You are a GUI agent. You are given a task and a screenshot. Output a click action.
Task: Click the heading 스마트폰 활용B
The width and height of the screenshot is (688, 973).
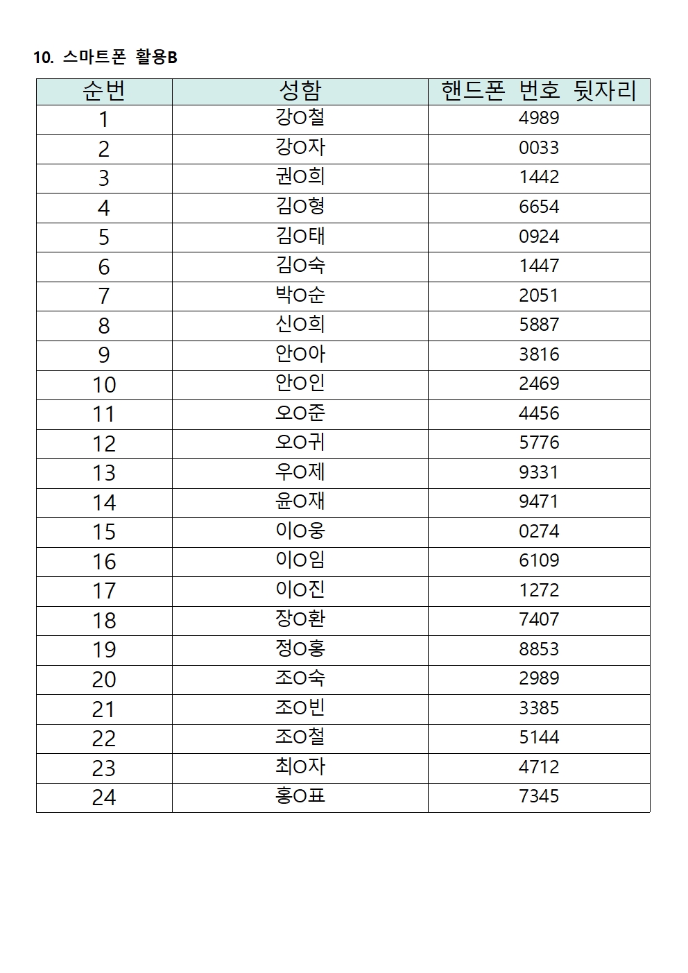point(105,58)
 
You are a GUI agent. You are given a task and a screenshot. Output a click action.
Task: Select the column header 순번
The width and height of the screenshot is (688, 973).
point(104,92)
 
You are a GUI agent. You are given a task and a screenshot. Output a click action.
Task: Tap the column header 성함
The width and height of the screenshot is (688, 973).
point(300,92)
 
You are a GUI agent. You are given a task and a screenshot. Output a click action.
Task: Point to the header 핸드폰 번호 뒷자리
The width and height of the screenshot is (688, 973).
point(539,92)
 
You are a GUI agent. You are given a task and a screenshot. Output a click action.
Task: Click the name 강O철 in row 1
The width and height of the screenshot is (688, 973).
point(300,118)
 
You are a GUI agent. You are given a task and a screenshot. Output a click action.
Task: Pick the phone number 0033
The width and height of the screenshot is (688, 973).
point(539,148)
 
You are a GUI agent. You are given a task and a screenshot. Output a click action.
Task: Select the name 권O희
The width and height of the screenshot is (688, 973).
point(300,177)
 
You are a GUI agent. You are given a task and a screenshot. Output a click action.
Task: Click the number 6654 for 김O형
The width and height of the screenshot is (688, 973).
point(539,207)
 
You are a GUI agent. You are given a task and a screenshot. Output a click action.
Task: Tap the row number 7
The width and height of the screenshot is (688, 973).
point(104,296)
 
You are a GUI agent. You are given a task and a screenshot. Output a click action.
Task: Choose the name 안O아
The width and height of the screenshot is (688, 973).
point(300,354)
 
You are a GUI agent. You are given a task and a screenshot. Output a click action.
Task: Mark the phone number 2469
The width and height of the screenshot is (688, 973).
point(539,384)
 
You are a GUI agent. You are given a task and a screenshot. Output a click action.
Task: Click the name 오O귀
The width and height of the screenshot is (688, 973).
point(300,442)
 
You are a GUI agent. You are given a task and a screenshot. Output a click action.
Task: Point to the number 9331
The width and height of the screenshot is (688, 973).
point(539,472)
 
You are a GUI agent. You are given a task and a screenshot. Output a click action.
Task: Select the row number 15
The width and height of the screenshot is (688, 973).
point(104,532)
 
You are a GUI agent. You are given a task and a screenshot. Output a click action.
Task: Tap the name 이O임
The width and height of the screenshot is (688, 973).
point(300,560)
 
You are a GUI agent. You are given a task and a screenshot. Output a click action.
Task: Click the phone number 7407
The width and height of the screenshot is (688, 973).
point(539,619)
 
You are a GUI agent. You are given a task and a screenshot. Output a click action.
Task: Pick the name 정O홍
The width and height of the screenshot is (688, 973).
point(300,649)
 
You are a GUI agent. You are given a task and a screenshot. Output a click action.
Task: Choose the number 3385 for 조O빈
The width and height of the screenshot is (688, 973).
point(539,708)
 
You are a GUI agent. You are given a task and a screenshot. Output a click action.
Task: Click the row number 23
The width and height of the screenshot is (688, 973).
point(104,768)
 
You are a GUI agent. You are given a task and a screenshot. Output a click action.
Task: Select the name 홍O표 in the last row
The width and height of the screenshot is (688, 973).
point(300,796)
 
